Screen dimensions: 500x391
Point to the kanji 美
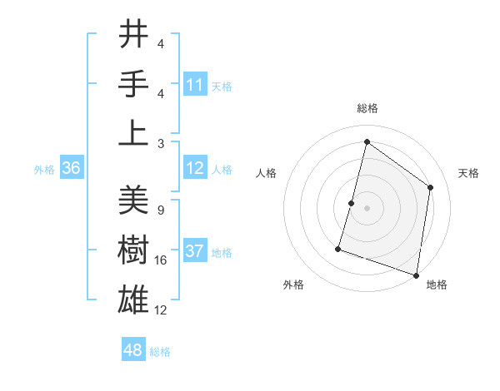pyautogui.click(x=134, y=200)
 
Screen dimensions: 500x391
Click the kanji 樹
pyautogui.click(x=134, y=249)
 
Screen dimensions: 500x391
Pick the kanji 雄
pyautogui.click(x=134, y=298)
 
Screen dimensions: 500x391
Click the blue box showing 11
pyautogui.click(x=195, y=85)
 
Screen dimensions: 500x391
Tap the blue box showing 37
pyautogui.click(x=195, y=252)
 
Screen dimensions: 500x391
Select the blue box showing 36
pyautogui.click(x=72, y=169)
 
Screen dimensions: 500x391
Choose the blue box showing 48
pyautogui.click(x=133, y=350)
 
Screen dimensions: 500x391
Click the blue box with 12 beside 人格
pyautogui.click(x=195, y=169)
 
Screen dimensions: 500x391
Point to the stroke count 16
pyautogui.click(x=161, y=260)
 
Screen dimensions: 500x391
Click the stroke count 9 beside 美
pyautogui.click(x=160, y=210)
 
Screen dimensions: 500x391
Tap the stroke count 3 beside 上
pyautogui.click(x=160, y=143)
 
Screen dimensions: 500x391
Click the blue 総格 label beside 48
pyautogui.click(x=160, y=352)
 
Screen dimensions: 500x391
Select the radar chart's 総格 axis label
pyautogui.click(x=367, y=108)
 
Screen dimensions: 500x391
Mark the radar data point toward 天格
pyautogui.click(x=430, y=187)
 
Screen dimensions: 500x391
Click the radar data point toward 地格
pyautogui.click(x=415, y=275)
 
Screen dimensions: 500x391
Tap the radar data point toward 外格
pyautogui.click(x=338, y=248)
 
